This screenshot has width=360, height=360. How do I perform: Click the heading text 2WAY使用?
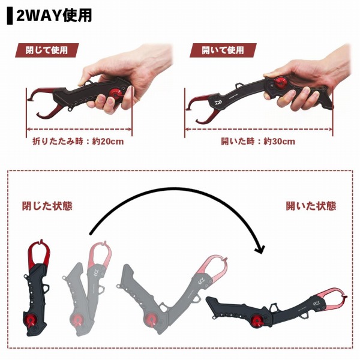54,16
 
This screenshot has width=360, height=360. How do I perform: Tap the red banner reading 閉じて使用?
47,50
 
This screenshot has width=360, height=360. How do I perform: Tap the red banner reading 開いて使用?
223,50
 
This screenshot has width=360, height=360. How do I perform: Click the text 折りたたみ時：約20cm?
78,142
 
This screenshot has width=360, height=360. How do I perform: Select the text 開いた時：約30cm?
258,142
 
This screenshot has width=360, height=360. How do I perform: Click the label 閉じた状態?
47,206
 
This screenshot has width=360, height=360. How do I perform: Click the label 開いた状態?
311,206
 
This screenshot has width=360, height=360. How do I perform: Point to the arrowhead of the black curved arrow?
260,250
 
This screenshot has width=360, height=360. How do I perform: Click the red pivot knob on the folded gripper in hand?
115,94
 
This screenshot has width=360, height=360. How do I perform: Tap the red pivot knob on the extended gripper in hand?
281,83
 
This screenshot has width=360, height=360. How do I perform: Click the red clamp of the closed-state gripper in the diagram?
38,254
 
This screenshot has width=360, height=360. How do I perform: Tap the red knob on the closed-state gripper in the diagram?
30,320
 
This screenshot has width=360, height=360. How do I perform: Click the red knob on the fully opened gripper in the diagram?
257,320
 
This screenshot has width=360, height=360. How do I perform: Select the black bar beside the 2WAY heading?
10,16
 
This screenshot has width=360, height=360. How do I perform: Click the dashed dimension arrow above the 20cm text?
79,129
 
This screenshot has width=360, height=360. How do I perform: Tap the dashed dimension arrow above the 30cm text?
259,129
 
